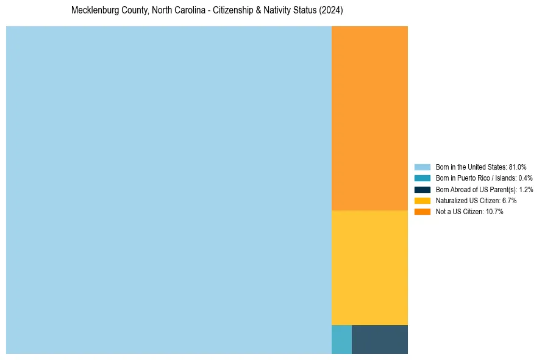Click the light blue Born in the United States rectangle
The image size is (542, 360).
point(169,190)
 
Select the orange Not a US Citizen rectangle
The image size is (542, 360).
point(369,118)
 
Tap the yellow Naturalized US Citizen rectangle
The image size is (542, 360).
point(369,267)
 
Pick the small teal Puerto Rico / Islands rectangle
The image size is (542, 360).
point(341,339)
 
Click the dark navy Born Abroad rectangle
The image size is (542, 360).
point(380,339)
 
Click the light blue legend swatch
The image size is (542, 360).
point(423,167)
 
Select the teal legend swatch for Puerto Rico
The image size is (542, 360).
point(423,178)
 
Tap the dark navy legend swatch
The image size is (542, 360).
point(423,189)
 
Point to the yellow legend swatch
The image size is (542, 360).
point(423,200)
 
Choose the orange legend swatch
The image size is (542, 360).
point(423,212)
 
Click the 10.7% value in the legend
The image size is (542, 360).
point(494,212)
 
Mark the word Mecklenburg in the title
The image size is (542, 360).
point(91,11)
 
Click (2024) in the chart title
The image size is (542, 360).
point(331,11)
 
